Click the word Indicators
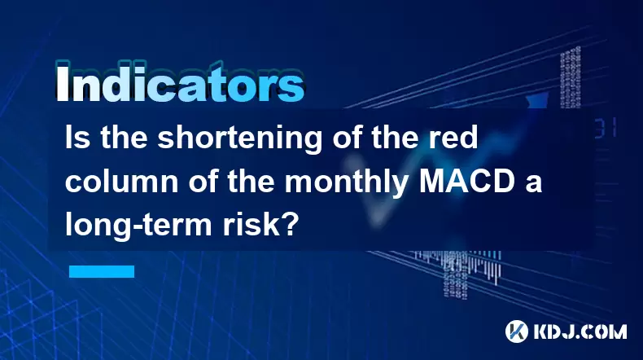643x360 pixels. pos(180,82)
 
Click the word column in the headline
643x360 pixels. pos(122,181)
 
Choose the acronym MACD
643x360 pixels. pos(466,181)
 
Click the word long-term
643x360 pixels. pos(138,226)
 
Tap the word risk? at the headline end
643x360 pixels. pos(259,225)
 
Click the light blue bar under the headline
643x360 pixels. pos(102,271)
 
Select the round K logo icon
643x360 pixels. pos(517,331)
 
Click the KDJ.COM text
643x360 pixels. pos(580,331)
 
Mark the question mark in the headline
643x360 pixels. pos(289,225)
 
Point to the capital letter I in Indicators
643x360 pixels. pos(62,82)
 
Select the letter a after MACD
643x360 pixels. pos(533,184)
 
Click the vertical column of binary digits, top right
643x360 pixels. pos(571,77)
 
